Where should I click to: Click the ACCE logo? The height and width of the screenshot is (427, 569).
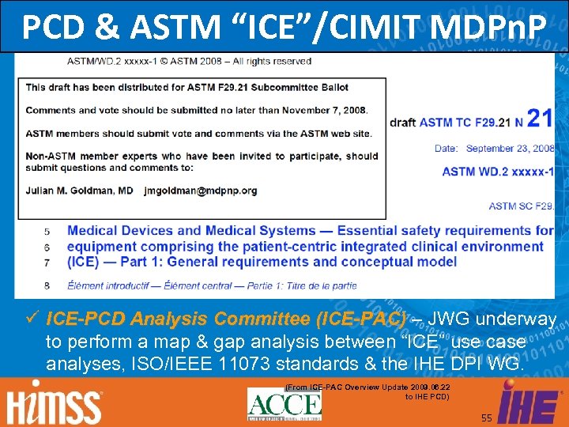pos(284,404)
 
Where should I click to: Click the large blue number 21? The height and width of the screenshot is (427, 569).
pos(539,119)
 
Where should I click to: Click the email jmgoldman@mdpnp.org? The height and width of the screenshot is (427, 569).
pos(201,191)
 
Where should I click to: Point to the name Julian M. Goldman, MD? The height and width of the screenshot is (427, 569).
pos(81,191)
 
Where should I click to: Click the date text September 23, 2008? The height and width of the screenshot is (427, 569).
pos(511,148)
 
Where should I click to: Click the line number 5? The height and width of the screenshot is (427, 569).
pos(47,231)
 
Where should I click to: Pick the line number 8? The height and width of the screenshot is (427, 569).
pos(47,285)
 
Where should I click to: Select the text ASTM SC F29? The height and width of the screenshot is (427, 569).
pos(521,206)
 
